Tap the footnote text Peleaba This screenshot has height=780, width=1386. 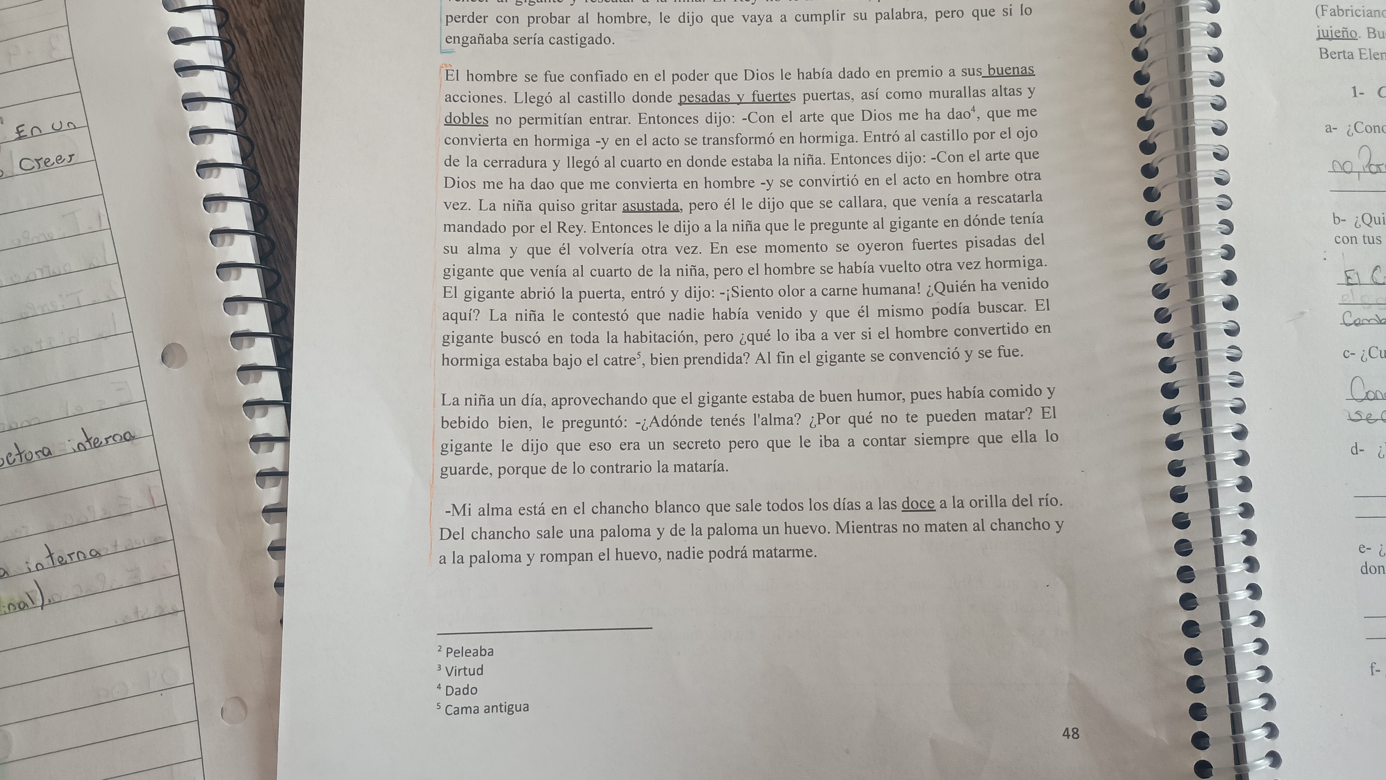(x=469, y=652)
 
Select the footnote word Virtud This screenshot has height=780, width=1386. (x=464, y=670)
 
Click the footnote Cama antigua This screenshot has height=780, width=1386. (x=486, y=708)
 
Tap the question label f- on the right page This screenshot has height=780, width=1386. (x=1375, y=670)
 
